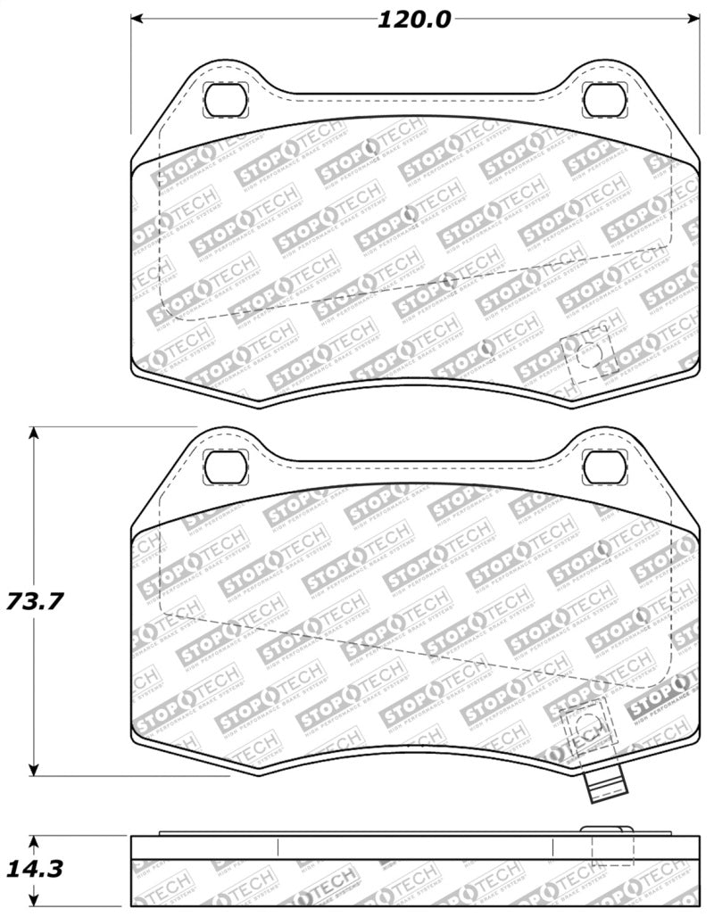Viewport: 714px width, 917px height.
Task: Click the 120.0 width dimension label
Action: click(x=414, y=20)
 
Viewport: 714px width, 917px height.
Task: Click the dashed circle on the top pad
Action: click(x=586, y=354)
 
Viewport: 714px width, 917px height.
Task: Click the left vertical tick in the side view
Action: click(x=278, y=847)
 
